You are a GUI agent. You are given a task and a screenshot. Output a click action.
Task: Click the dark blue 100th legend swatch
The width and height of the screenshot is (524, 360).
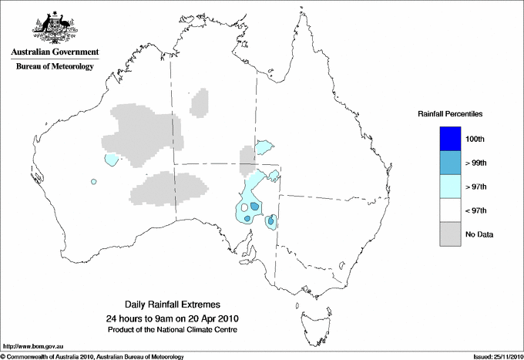pos(451,139)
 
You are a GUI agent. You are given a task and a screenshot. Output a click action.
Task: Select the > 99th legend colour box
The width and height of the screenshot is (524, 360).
pos(451,163)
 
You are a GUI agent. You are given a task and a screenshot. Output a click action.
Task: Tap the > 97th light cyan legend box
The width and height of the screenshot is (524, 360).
pos(451,187)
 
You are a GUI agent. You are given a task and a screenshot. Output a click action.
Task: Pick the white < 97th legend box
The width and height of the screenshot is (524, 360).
pos(451,210)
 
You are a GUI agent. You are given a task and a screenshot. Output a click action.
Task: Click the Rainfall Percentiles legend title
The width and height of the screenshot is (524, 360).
pos(450,114)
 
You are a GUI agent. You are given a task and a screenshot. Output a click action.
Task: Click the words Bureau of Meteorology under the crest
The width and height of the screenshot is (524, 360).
pos(55,67)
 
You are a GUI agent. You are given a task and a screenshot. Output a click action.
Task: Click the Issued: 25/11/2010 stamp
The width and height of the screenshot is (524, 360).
pos(495,356)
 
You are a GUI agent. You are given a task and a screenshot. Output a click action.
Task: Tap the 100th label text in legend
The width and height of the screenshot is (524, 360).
pos(475,139)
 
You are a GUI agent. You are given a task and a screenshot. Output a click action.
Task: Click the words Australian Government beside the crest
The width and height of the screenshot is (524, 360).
pos(55,53)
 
